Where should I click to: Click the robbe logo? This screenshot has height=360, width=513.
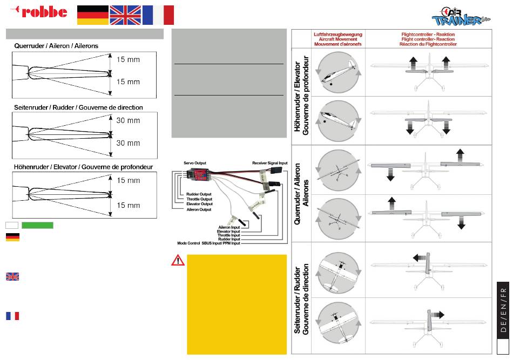click(39, 11)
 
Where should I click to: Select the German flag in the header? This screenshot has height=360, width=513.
click(92, 15)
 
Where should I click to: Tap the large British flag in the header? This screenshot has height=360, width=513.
click(125, 15)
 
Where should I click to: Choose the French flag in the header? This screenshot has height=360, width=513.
click(158, 15)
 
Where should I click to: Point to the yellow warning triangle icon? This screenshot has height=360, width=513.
click(178, 260)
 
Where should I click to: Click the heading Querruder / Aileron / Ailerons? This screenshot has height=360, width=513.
click(56, 46)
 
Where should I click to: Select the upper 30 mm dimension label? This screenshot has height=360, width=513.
click(129, 120)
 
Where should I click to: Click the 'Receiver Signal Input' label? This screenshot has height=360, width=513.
click(270, 162)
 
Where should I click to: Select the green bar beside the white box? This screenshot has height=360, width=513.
click(37, 225)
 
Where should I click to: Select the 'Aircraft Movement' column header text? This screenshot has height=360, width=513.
click(329, 39)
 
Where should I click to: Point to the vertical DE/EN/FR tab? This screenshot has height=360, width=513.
click(503, 311)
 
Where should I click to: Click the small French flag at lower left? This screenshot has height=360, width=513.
click(12, 316)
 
